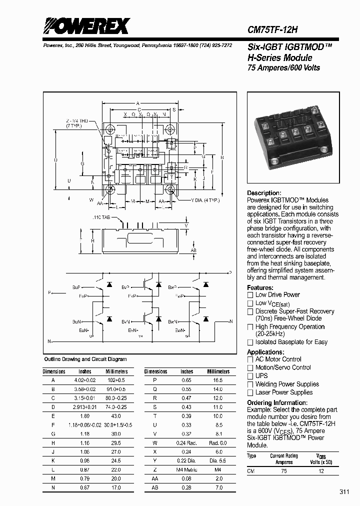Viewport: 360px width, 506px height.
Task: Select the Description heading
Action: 264,193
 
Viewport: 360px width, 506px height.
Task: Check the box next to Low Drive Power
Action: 250,295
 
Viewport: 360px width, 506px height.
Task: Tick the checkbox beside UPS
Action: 250,376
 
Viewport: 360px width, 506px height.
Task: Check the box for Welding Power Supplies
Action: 250,384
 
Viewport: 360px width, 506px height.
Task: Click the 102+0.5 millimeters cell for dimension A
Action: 116,380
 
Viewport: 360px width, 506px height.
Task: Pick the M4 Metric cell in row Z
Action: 186,469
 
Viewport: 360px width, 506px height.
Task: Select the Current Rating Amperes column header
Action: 284,458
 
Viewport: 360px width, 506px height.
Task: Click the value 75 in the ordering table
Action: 284,471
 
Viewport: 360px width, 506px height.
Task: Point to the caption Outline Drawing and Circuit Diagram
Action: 85,359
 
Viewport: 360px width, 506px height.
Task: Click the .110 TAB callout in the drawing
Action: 102,218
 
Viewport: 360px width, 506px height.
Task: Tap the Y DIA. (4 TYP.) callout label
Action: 205,200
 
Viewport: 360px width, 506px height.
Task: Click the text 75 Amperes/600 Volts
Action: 284,67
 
